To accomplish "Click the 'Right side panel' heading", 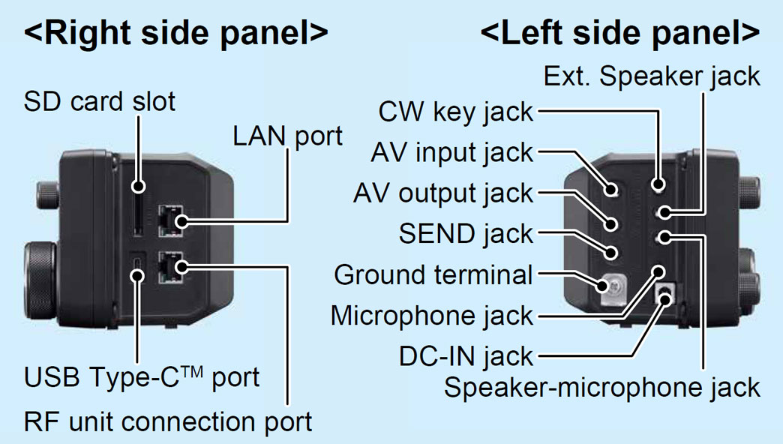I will [x=176, y=34].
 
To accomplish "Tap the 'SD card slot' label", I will [x=100, y=100].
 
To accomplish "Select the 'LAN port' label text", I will [x=287, y=136].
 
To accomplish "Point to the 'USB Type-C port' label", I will [x=142, y=376].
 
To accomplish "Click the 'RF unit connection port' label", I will [x=168, y=421].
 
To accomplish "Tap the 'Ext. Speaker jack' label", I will [x=652, y=76].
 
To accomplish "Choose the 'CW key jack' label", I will [x=455, y=112].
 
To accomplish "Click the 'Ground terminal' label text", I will [x=433, y=274].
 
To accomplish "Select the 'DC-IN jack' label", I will [x=466, y=355].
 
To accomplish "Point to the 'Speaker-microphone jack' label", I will [x=601, y=388].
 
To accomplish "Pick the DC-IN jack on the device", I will [x=664, y=295].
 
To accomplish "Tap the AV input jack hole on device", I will [x=613, y=190].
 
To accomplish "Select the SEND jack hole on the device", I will [x=613, y=253].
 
